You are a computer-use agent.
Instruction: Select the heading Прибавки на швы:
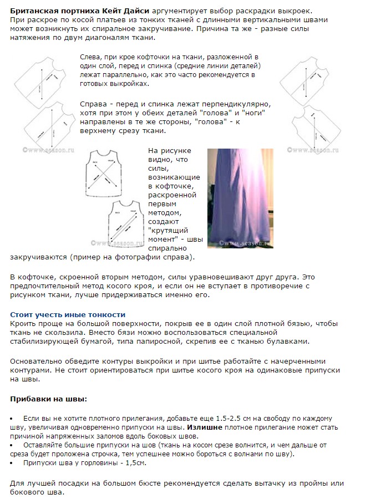49,399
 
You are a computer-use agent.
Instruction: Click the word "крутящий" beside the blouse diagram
167,230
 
